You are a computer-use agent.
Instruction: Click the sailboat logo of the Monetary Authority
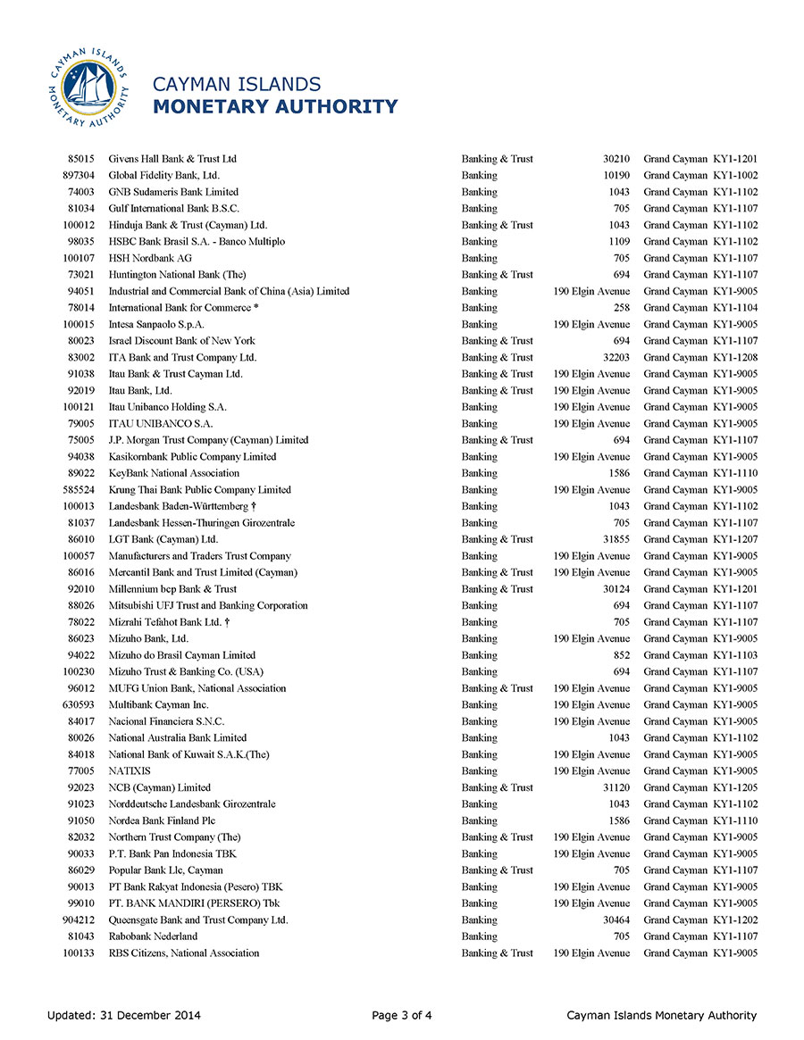click(88, 89)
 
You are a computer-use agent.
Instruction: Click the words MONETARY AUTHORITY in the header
click(275, 107)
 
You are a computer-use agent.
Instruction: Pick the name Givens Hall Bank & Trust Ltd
click(172, 159)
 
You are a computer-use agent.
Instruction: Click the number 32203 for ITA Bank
click(616, 357)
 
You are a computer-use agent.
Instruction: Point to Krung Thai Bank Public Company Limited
click(199, 490)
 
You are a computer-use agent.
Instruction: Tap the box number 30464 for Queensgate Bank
click(616, 919)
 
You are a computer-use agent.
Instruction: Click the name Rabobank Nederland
click(153, 936)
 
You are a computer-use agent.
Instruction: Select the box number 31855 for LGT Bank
click(616, 539)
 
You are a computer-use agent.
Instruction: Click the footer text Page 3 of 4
click(402, 1015)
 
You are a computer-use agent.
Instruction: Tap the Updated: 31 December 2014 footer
click(124, 1015)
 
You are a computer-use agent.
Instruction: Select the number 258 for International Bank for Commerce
click(622, 308)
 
